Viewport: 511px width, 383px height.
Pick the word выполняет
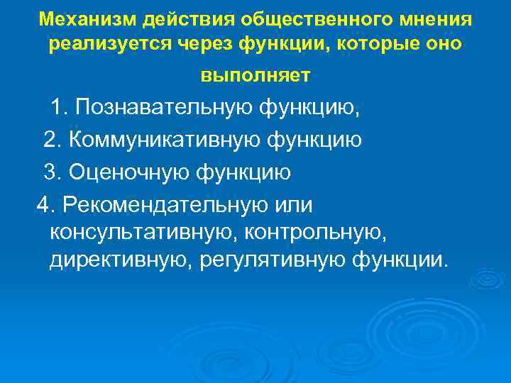point(255,74)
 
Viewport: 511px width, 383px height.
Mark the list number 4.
point(45,204)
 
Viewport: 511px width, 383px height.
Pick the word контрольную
point(315,232)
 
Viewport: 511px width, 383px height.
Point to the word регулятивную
point(273,260)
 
